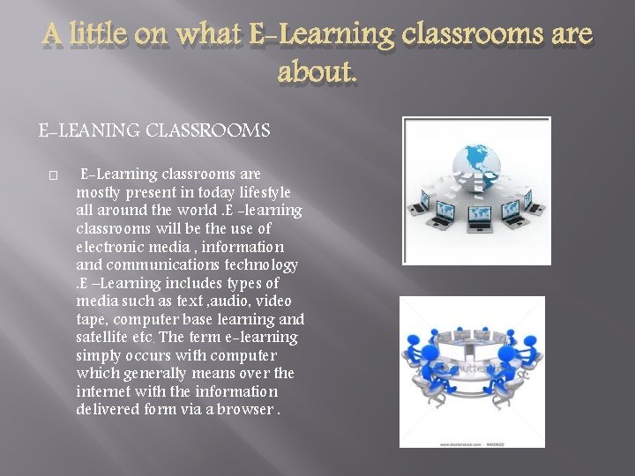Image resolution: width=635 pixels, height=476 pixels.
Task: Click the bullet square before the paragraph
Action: point(54,175)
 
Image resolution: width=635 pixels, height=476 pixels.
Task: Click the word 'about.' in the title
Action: point(317,72)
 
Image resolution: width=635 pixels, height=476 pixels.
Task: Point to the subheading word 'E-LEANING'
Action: point(84,131)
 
